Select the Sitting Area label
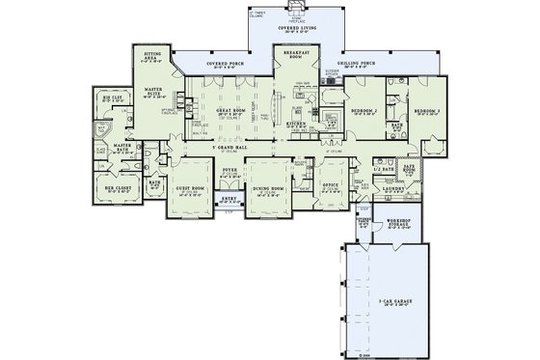[x=153, y=57]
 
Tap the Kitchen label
[x=297, y=124]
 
